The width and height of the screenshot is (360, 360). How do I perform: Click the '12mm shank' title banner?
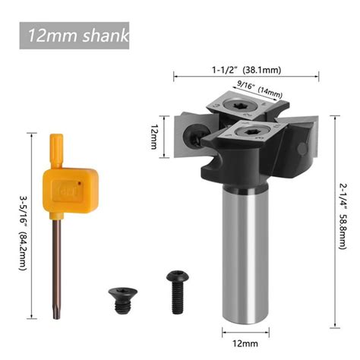pyautogui.click(x=74, y=36)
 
